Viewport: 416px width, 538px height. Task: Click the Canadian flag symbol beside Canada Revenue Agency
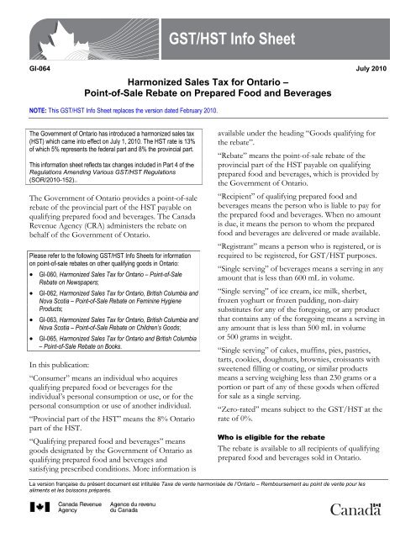(x=34, y=509)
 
